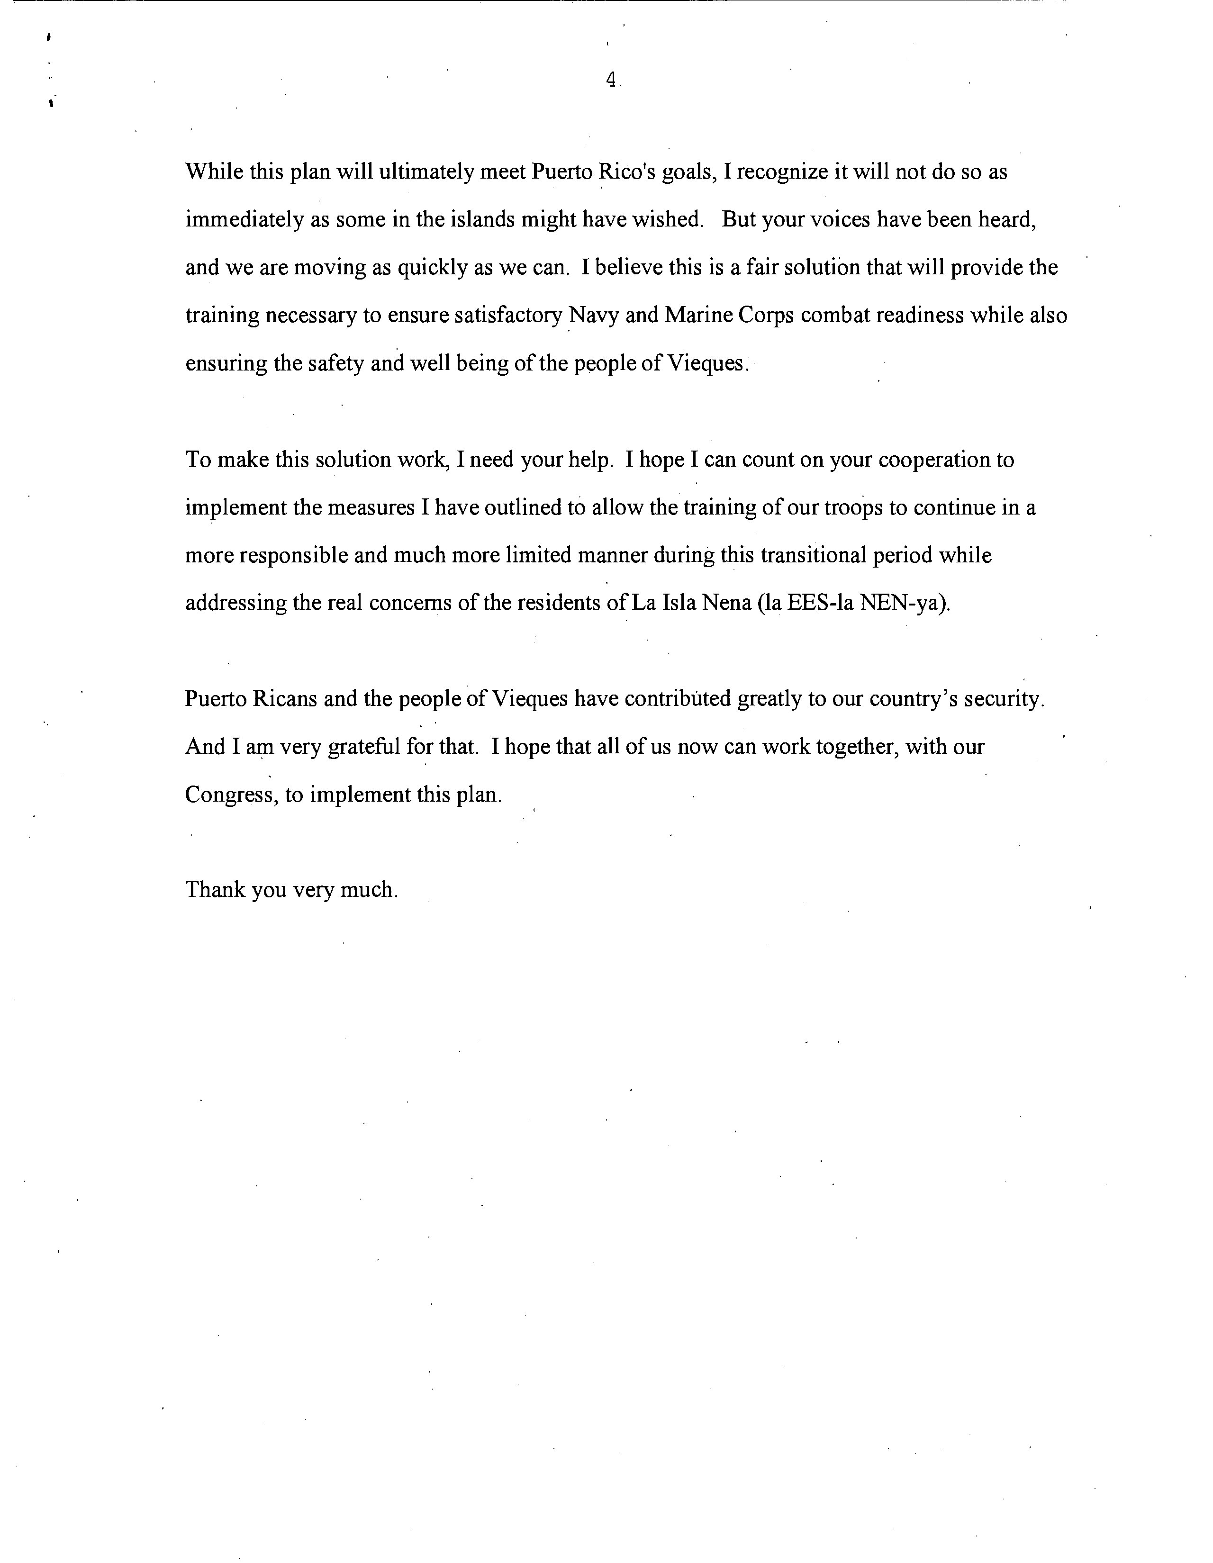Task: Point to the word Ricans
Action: [x=285, y=698]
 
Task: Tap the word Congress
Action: [x=230, y=795]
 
